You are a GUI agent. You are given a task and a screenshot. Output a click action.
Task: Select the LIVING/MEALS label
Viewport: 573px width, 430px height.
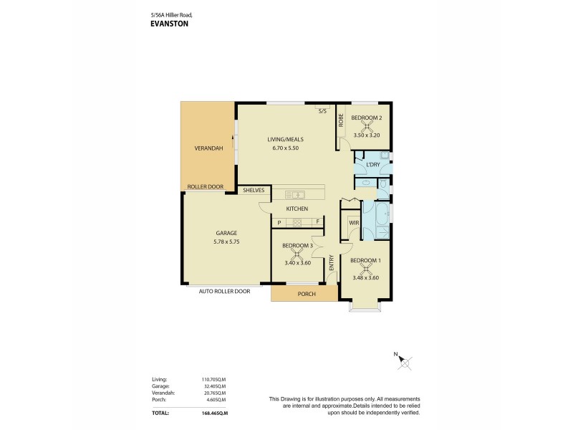[283, 140]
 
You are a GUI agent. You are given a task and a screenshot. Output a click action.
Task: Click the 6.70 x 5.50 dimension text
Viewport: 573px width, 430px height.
[284, 148]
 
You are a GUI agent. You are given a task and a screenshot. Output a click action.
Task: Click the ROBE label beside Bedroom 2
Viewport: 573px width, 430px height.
[341, 119]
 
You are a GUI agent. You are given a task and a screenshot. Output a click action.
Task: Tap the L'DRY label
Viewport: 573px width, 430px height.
[372, 165]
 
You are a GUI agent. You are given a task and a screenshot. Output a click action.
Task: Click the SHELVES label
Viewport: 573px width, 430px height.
[254, 191]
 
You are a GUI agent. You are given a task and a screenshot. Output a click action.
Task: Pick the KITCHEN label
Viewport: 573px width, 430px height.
[297, 209]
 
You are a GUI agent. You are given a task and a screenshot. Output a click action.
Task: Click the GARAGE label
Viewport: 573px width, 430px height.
[226, 233]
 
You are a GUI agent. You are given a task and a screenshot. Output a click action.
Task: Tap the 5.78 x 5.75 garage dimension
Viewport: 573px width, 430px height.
[226, 241]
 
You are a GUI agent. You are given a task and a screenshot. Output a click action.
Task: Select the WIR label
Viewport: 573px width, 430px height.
[352, 224]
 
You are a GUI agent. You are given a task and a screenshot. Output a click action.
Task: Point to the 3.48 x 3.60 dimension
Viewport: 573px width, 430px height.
[365, 278]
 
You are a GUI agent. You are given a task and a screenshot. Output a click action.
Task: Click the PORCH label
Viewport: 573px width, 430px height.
[305, 294]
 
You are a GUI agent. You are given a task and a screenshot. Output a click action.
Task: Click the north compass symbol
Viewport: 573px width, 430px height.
[406, 362]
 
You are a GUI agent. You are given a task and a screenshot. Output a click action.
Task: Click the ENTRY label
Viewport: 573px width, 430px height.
[332, 263]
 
